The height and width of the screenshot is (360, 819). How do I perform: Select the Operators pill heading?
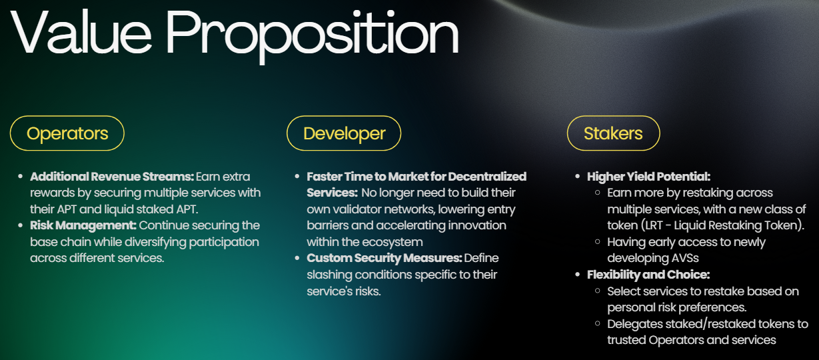coord(67,133)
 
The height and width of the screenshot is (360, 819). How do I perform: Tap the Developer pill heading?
coord(344,133)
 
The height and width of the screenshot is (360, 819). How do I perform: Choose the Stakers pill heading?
coord(613,133)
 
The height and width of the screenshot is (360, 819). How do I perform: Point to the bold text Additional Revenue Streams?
coord(112,177)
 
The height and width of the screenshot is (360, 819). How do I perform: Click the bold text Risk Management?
coord(83,225)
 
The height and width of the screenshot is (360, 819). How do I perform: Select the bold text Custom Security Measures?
coord(384,258)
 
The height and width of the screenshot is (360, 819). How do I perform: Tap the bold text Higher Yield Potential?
coord(648,177)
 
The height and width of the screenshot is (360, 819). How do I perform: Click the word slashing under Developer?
coord(328,275)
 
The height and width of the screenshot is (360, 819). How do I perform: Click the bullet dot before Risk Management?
coord(21,225)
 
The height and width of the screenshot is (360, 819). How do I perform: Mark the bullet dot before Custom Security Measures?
coord(297,258)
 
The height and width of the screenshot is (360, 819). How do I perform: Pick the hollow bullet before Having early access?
coord(598,242)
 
